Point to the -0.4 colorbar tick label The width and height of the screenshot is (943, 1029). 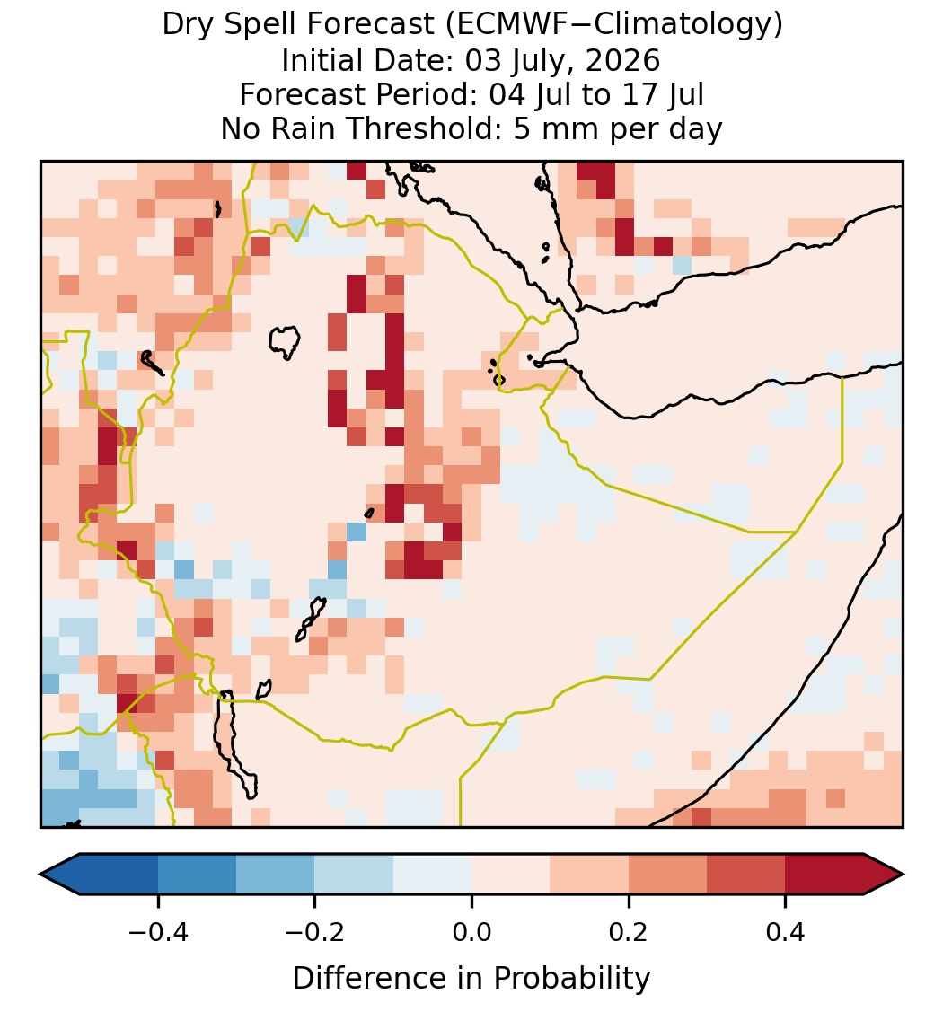pyautogui.click(x=158, y=932)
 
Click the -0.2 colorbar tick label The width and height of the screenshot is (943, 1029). pyautogui.click(x=315, y=932)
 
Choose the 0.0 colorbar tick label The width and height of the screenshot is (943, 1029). pyautogui.click(x=471, y=932)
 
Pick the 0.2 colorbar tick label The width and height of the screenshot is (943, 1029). pyautogui.click(x=629, y=932)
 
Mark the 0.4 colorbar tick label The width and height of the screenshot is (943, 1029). pyautogui.click(x=786, y=932)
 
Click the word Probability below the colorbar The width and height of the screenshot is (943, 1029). pyautogui.click(x=571, y=979)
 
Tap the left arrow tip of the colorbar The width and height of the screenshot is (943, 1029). pyautogui.click(x=40, y=875)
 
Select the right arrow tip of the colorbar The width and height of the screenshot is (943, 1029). pyautogui.click(x=903, y=875)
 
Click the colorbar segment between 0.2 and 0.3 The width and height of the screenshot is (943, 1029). pyautogui.click(x=667, y=875)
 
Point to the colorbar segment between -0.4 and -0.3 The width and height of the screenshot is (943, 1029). pyautogui.click(x=197, y=875)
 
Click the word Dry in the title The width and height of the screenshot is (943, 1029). pyautogui.click(x=185, y=26)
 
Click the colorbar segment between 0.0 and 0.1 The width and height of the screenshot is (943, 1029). pyautogui.click(x=510, y=875)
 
